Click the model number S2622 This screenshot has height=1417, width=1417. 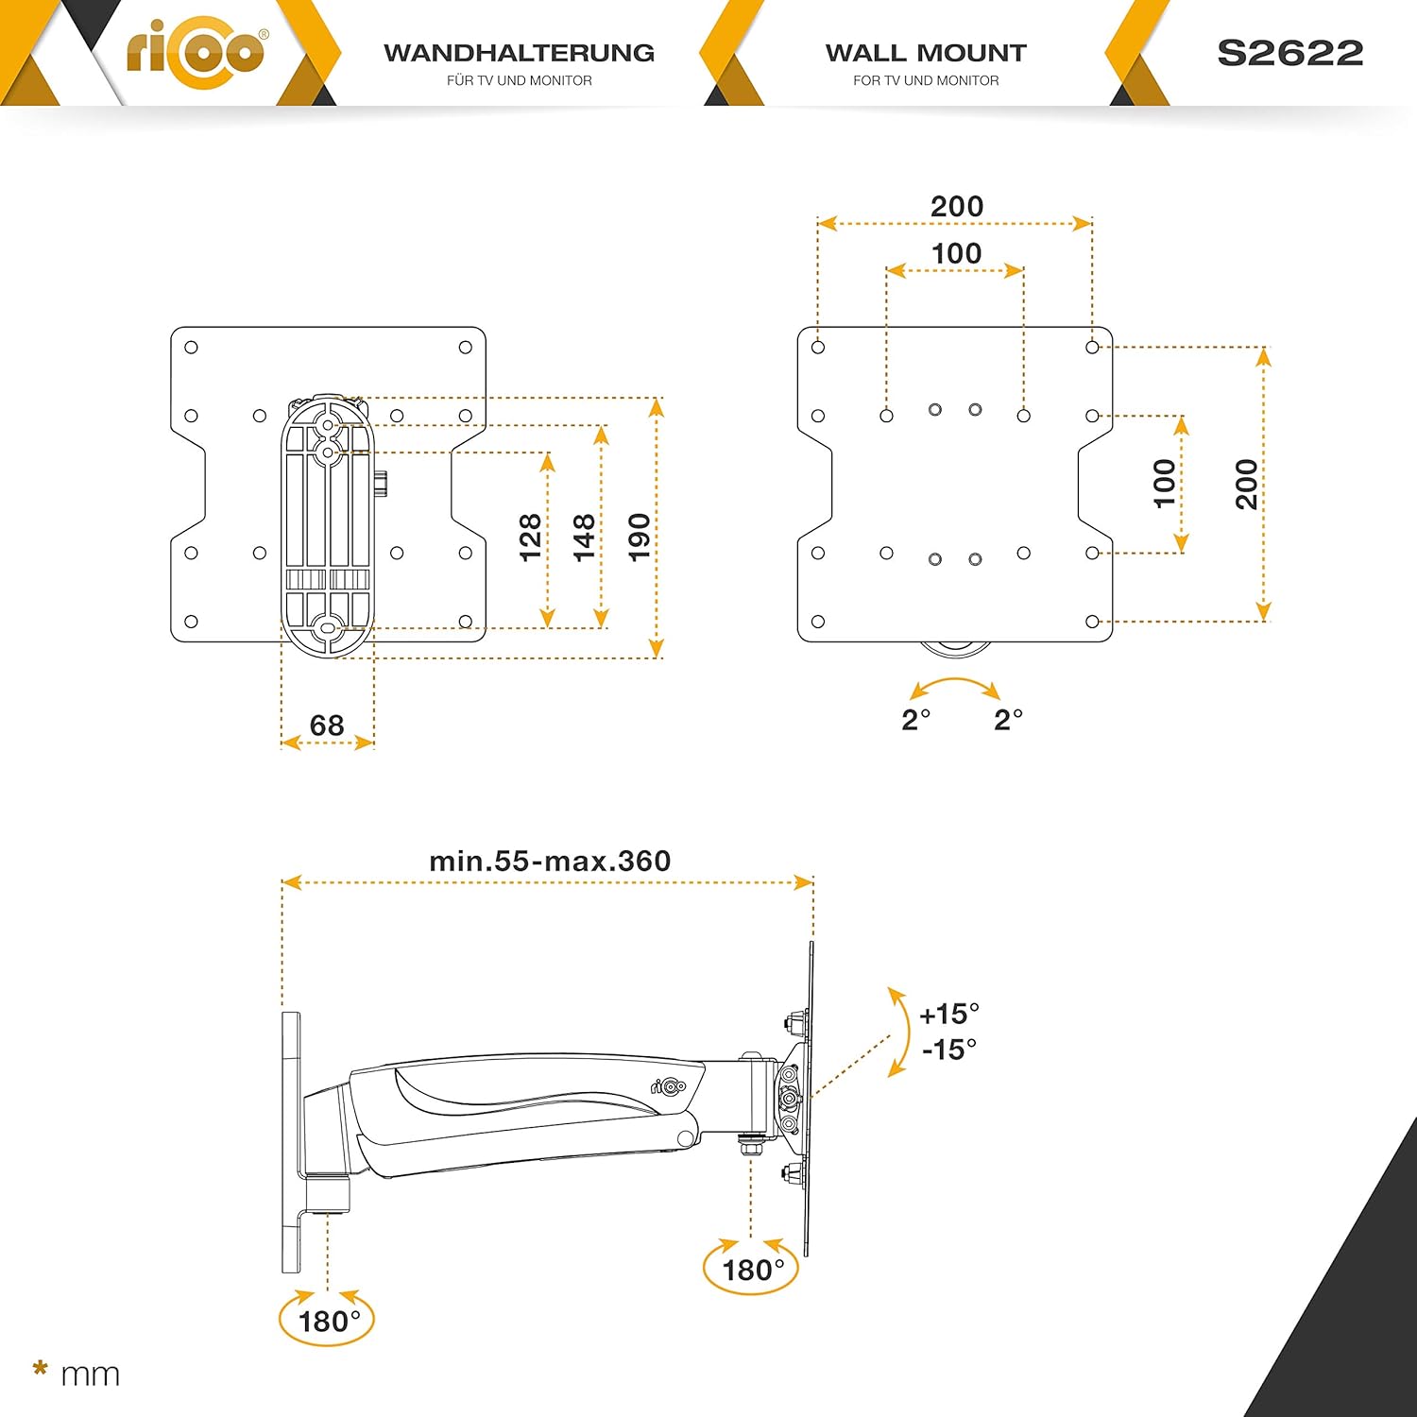coord(1289,53)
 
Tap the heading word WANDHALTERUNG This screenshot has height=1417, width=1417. coord(519,53)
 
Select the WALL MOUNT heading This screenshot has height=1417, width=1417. coord(926,53)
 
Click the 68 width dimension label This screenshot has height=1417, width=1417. coord(327,725)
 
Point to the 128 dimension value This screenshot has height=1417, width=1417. coord(531,537)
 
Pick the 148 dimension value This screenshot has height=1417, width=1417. coord(585,537)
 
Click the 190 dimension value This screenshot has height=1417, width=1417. coord(640,537)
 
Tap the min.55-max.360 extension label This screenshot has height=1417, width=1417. coord(550,861)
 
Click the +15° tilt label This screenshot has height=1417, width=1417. coord(949,1014)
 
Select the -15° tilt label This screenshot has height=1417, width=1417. coord(949,1049)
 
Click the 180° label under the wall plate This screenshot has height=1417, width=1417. coord(329,1321)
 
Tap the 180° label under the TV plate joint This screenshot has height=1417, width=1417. coord(753,1270)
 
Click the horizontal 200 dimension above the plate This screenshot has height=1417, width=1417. coord(957,206)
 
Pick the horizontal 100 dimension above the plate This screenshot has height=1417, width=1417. coord(956,253)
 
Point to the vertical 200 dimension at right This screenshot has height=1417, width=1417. coord(1247,484)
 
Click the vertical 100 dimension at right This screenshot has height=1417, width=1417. coord(1165,484)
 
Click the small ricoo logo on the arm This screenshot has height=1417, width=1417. coord(668,1086)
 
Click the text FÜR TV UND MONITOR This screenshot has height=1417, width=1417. coord(520,80)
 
